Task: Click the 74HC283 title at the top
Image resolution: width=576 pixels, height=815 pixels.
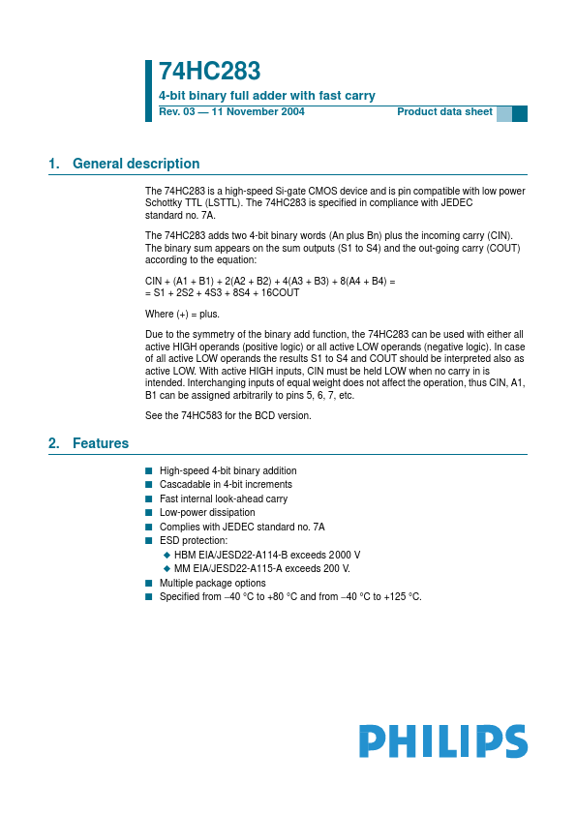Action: (209, 72)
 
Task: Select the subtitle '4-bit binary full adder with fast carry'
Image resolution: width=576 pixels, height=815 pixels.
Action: (266, 96)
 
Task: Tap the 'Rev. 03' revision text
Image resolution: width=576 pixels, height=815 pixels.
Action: (179, 112)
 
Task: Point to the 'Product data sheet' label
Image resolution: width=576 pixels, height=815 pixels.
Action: (444, 112)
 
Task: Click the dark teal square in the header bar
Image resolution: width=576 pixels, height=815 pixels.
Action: (520, 113)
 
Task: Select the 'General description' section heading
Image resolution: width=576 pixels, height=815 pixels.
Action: (136, 164)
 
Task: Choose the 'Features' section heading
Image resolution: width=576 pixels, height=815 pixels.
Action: (101, 443)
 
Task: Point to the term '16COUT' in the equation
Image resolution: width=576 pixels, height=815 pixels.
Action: (280, 292)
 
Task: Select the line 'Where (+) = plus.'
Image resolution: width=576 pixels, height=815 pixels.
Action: (182, 314)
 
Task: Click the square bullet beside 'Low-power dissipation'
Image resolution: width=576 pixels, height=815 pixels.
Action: (149, 513)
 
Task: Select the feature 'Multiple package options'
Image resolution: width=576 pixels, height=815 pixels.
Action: (212, 584)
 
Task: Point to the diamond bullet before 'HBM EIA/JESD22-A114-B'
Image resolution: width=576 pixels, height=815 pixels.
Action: (167, 556)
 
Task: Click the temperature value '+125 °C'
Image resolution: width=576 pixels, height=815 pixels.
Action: (400, 597)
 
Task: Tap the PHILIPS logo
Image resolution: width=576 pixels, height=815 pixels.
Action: (443, 741)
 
